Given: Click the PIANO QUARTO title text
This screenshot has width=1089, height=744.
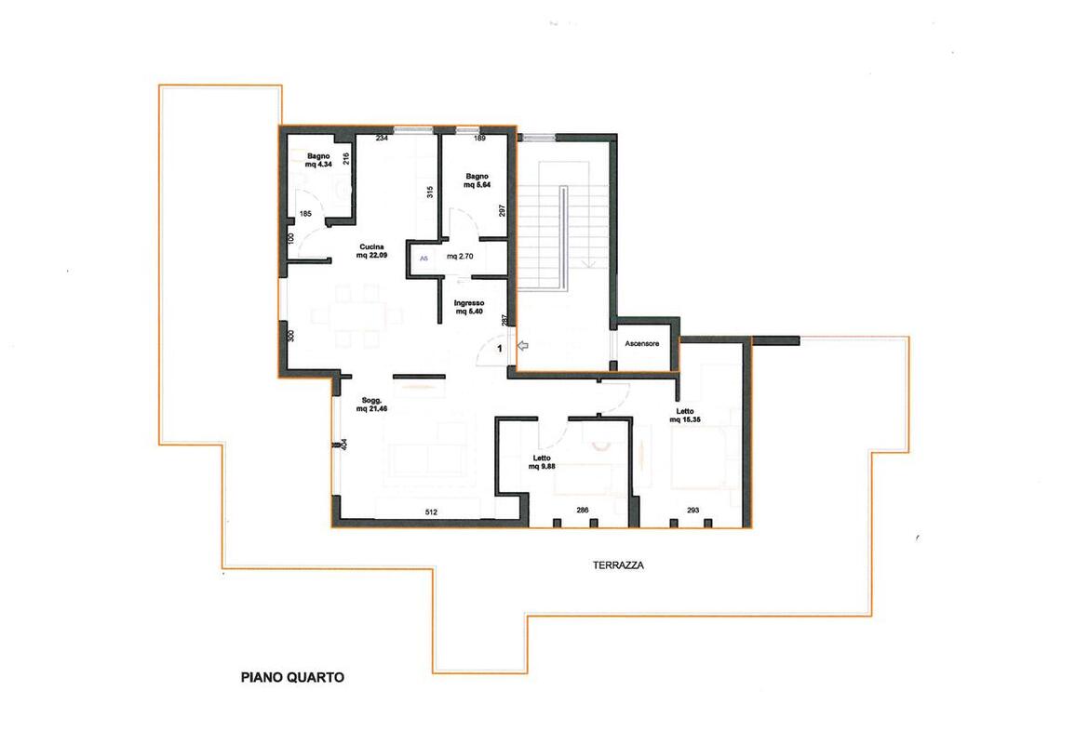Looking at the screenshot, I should click(292, 677).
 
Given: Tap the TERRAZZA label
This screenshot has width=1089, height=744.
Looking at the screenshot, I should click(618, 565).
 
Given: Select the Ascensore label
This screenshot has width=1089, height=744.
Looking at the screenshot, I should click(642, 343).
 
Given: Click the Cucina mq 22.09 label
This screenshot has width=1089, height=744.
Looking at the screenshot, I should click(372, 252).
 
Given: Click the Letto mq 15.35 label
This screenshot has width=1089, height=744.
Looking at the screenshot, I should click(684, 415).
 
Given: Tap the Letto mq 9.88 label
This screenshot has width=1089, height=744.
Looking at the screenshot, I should click(543, 462).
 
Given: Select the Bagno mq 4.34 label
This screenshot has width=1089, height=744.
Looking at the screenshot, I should click(317, 160).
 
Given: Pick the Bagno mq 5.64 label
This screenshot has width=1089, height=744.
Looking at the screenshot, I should click(476, 180).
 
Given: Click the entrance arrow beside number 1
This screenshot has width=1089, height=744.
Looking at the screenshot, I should click(522, 346).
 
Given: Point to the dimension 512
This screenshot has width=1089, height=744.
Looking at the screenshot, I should click(430, 511).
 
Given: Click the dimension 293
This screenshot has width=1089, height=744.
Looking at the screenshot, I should click(692, 510).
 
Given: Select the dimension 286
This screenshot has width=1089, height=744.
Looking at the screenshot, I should click(583, 510).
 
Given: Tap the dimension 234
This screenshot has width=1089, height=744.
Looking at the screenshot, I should click(382, 139).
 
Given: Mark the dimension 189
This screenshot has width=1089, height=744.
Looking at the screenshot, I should click(480, 139).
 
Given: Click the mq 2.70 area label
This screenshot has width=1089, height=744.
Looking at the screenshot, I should click(462, 256).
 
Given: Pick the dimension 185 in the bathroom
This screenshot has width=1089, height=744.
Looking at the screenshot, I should click(304, 215).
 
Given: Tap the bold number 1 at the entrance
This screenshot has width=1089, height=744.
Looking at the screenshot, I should click(500, 348).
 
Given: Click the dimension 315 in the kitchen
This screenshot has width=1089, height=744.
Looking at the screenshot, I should click(429, 193).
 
